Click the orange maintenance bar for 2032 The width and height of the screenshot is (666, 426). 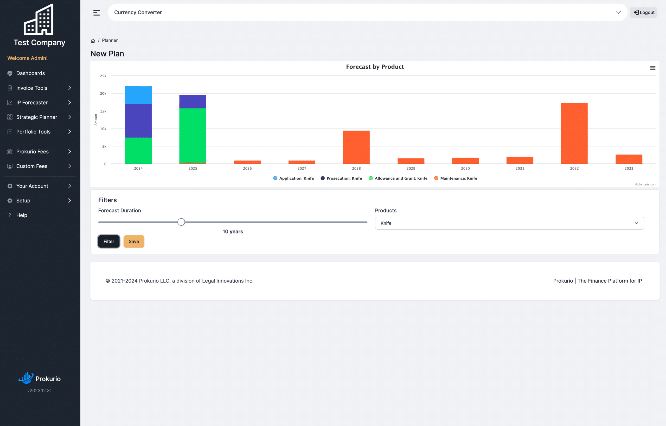(574, 133)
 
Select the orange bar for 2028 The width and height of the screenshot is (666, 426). (356, 147)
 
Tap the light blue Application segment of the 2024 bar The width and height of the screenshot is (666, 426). (138, 95)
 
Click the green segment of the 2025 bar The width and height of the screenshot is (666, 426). (193, 135)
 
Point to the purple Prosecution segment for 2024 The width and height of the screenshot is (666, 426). (138, 121)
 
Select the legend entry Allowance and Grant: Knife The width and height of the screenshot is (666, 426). (398, 178)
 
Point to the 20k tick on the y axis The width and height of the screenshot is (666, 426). (103, 94)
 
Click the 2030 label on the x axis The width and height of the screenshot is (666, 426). (465, 168)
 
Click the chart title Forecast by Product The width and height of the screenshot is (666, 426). (375, 67)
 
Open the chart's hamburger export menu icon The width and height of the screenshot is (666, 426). (652, 68)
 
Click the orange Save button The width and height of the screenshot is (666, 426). (134, 241)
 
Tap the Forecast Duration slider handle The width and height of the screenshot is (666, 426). (181, 222)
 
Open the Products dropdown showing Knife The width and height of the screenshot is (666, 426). (509, 223)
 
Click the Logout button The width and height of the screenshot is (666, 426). (644, 12)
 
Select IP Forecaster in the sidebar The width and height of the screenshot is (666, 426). (32, 102)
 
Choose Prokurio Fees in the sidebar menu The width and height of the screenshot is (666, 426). (32, 151)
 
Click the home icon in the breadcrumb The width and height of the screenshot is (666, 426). (93, 41)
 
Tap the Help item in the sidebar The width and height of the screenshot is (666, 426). (22, 215)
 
